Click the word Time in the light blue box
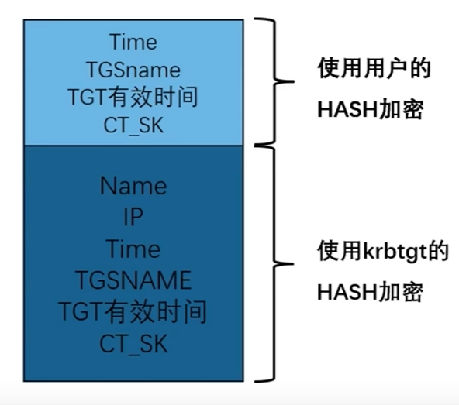click(133, 42)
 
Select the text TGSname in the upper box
click(133, 70)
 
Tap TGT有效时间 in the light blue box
click(133, 97)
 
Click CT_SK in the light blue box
click(133, 125)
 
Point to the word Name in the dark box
click(133, 186)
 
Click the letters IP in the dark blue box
click(133, 217)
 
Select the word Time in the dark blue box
click(133, 249)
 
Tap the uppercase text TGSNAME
click(134, 280)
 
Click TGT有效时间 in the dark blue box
click(133, 311)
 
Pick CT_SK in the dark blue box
click(133, 343)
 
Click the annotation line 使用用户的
click(374, 68)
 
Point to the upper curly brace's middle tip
click(293, 81)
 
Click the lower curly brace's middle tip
click(293, 264)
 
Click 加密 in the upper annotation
click(400, 109)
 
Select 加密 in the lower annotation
click(400, 292)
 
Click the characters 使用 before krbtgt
click(340, 251)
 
